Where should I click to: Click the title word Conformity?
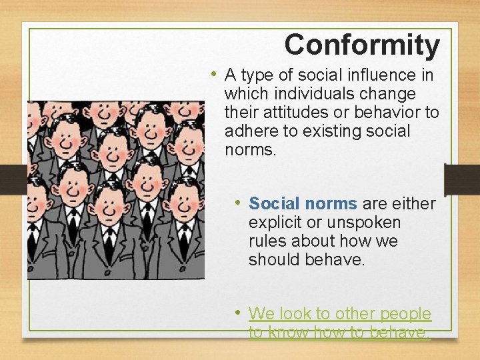coord(362,45)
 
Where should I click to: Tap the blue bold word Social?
coord(273,203)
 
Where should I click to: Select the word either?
coord(413,203)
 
